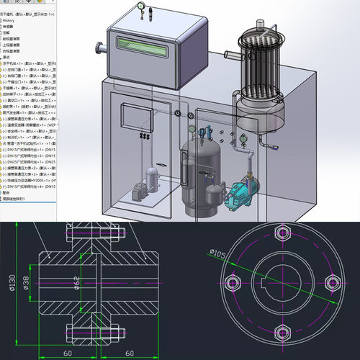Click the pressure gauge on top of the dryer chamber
tap(138, 9)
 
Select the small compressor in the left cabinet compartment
tap(152, 180)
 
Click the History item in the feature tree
tap(11, 22)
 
